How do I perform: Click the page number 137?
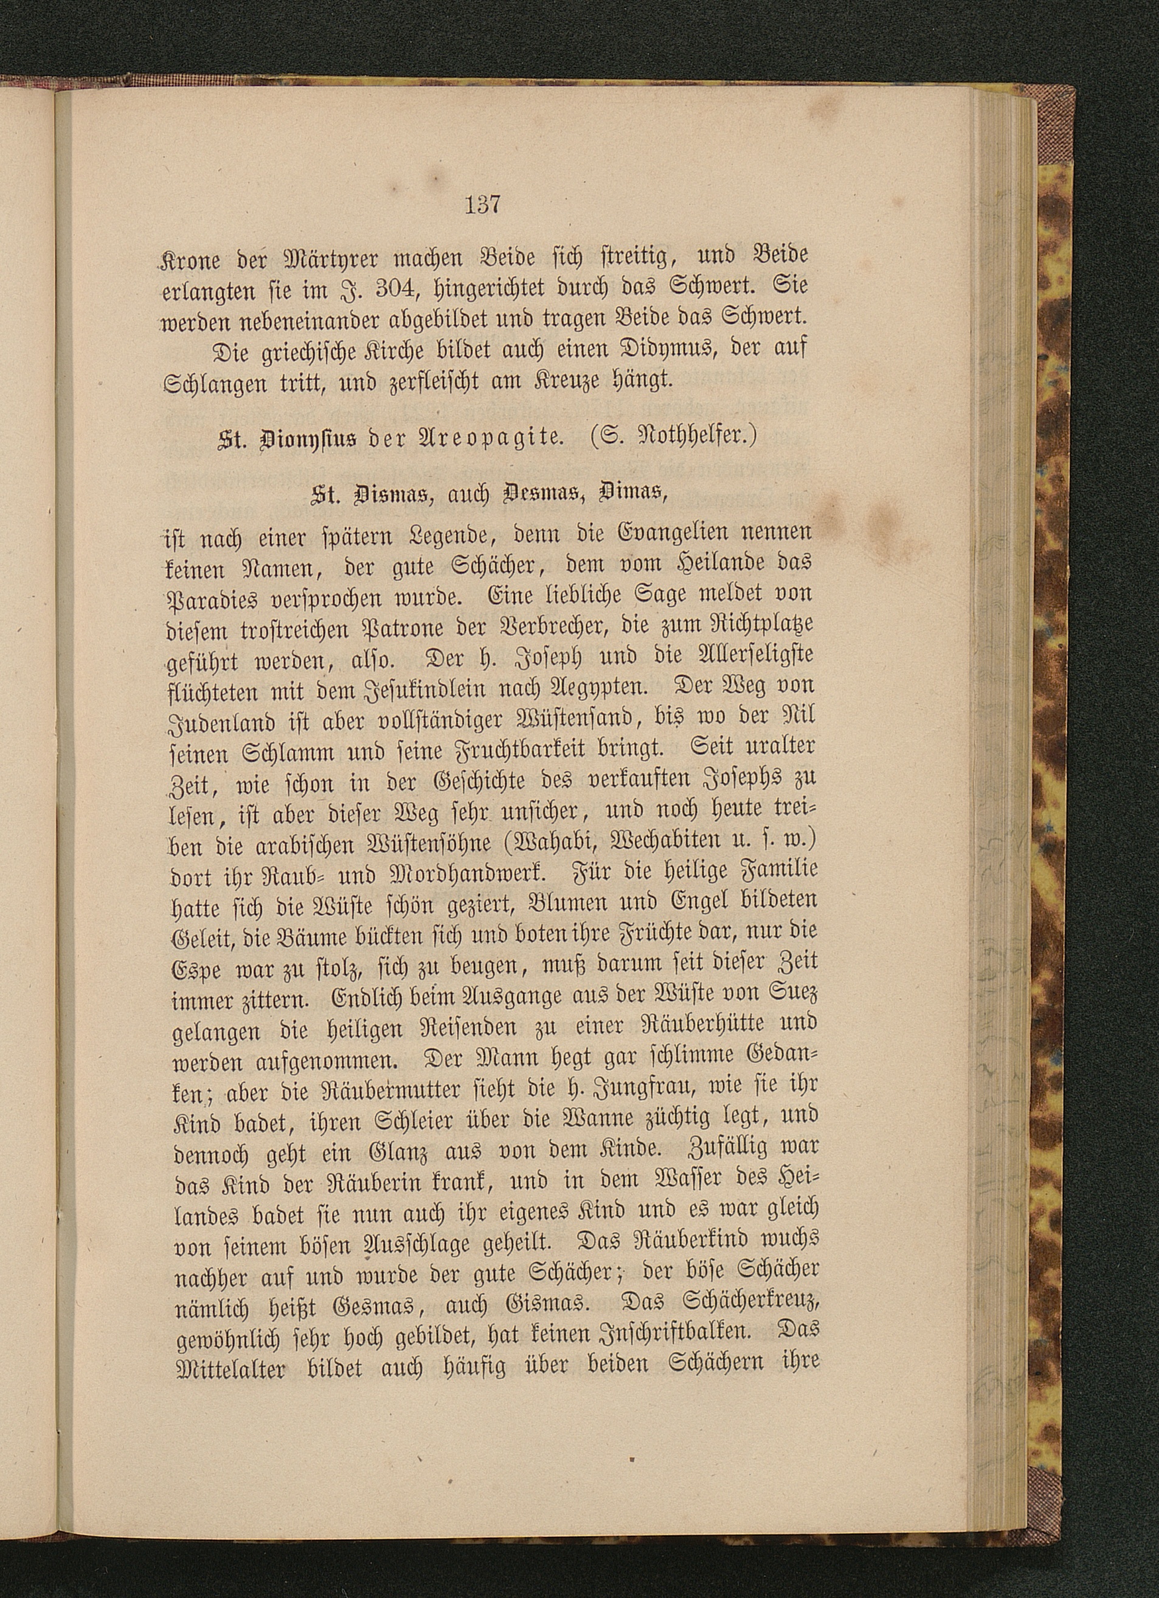(x=483, y=205)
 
